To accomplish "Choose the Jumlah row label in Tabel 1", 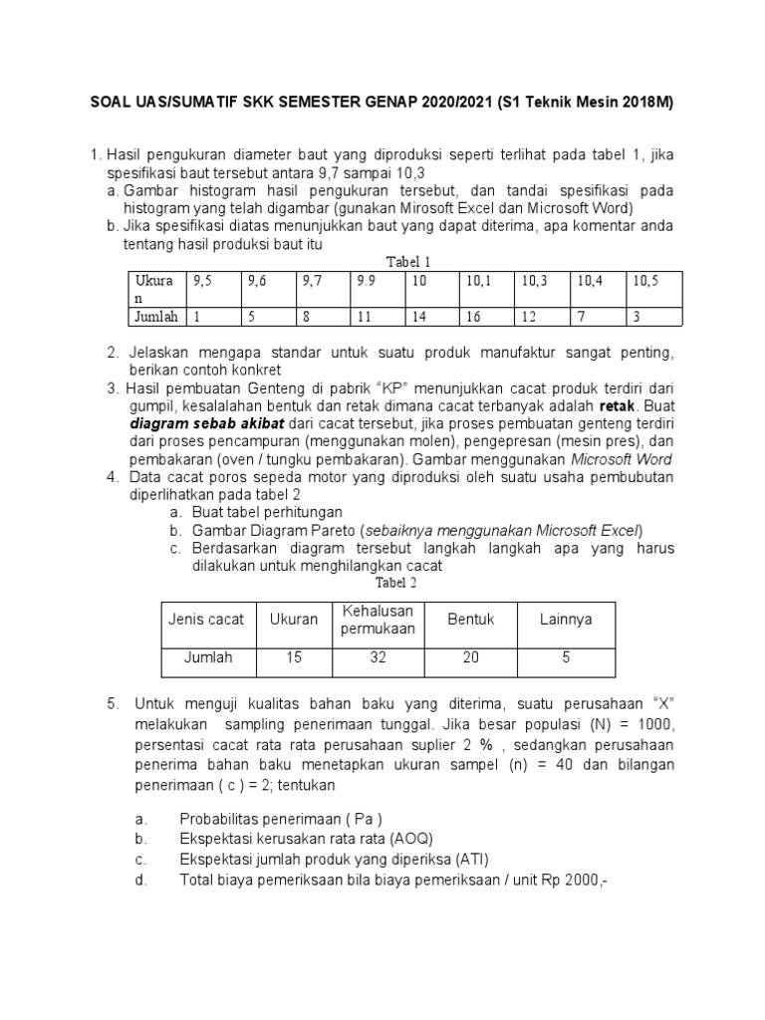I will (x=156, y=316).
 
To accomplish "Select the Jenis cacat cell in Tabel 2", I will (x=206, y=619).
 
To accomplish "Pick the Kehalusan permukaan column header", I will (x=378, y=619).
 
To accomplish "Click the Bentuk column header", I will (x=471, y=619).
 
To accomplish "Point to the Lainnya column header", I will (x=566, y=619).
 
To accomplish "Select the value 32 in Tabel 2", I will (x=378, y=657).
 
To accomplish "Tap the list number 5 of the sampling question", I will (x=113, y=704).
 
